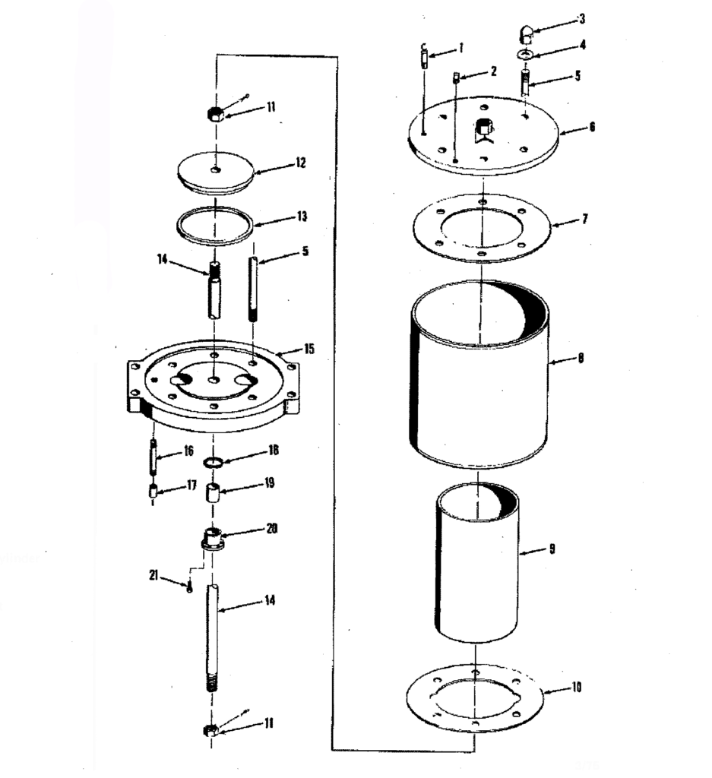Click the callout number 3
click(582, 19)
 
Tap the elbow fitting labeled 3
click(525, 35)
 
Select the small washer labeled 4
click(525, 54)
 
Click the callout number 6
click(592, 127)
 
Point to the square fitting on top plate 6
click(483, 127)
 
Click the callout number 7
click(585, 218)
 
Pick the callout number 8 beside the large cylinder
click(581, 358)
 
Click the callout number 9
click(552, 549)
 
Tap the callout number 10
click(576, 687)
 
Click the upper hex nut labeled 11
click(215, 114)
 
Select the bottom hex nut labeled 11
click(211, 730)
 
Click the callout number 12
click(300, 163)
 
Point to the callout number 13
click(302, 217)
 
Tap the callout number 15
click(309, 349)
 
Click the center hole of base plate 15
click(214, 380)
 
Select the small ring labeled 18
click(212, 463)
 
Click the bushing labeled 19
click(213, 494)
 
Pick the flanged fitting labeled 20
click(213, 539)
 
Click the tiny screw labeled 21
click(189, 587)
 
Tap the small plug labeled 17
click(153, 492)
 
